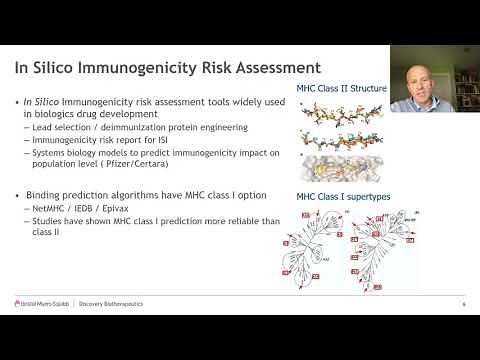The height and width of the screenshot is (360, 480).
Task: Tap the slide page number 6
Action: tap(463, 304)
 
